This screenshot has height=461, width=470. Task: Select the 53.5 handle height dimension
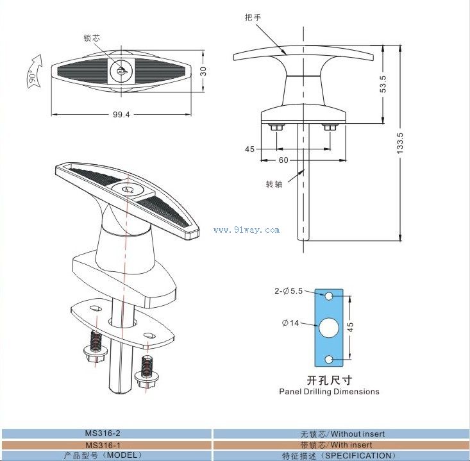(x=383, y=85)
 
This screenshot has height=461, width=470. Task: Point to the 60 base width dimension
(x=283, y=160)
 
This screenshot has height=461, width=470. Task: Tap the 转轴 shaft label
(x=274, y=185)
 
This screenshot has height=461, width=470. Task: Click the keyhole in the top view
(x=121, y=69)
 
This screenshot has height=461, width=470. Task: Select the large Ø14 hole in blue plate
(x=330, y=327)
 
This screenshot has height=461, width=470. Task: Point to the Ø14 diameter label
(x=290, y=323)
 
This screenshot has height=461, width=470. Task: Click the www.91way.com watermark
(x=246, y=230)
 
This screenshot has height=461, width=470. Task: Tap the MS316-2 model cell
(x=106, y=434)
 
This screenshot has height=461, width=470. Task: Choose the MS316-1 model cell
(x=106, y=444)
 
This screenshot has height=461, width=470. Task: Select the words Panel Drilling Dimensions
(x=329, y=391)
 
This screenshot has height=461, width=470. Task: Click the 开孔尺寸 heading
(x=329, y=380)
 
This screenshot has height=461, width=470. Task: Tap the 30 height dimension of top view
(x=203, y=71)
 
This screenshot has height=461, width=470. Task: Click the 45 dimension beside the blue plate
(x=351, y=327)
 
